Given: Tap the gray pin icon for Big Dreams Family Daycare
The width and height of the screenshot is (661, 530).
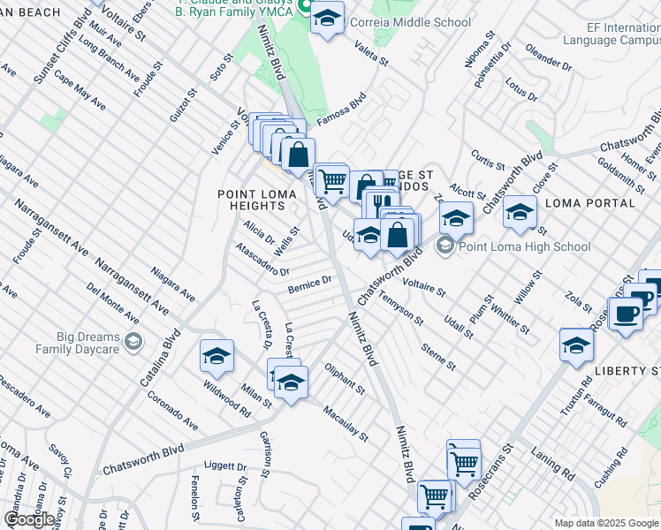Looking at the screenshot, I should [133, 342].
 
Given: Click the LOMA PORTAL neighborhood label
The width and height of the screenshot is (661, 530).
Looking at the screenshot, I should [590, 203].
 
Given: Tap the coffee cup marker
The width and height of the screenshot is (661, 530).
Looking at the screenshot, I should [626, 314].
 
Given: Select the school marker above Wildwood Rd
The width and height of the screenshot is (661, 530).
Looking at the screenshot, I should [217, 357].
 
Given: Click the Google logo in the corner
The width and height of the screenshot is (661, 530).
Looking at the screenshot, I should [30, 519].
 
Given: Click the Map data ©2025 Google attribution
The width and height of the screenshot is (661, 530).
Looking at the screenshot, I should [605, 523].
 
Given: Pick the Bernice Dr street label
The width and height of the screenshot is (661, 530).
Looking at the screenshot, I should [308, 284].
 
